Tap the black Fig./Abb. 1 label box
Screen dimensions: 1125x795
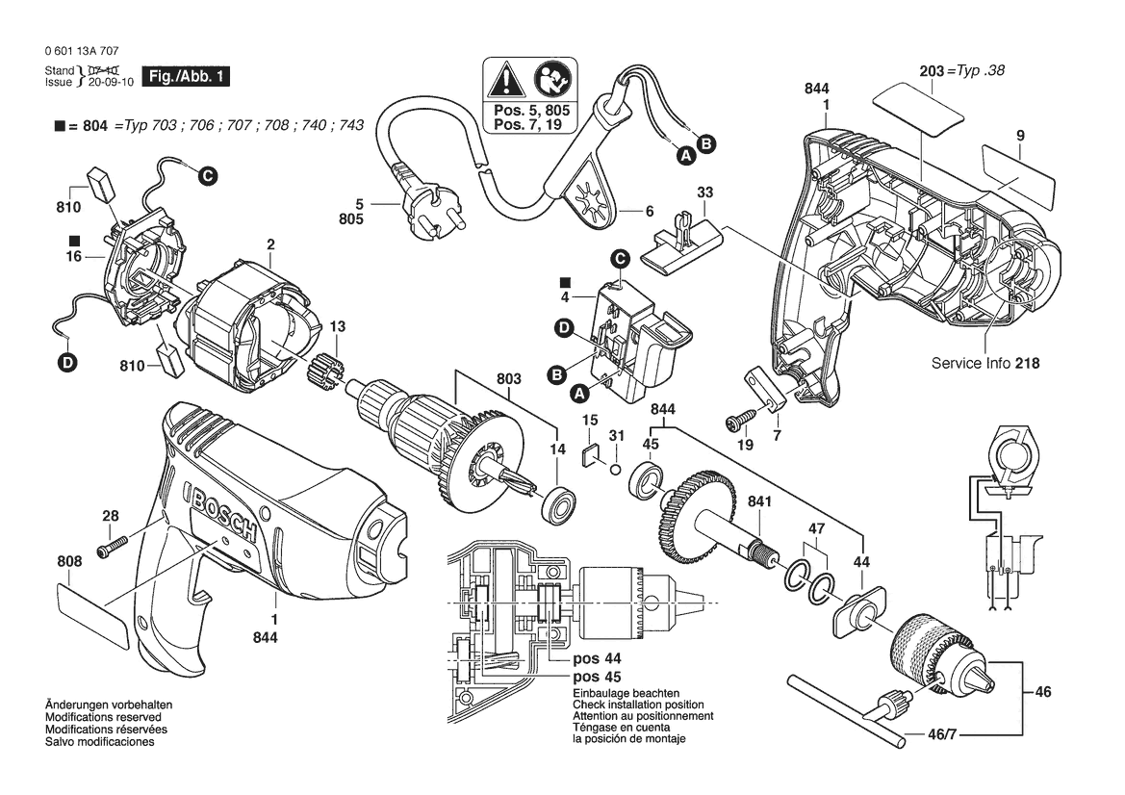click(186, 77)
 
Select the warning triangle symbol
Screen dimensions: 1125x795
click(506, 80)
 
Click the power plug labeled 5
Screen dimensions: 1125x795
click(416, 207)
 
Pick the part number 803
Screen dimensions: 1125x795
click(509, 378)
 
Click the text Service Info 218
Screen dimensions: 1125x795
click(985, 363)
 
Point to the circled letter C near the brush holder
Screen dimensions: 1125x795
click(207, 176)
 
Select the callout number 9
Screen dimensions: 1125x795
click(1020, 135)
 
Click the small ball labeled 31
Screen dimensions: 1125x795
click(616, 470)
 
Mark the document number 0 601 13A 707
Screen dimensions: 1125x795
click(82, 51)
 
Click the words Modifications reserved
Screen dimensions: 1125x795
click(103, 717)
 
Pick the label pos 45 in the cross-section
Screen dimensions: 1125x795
click(597, 677)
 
